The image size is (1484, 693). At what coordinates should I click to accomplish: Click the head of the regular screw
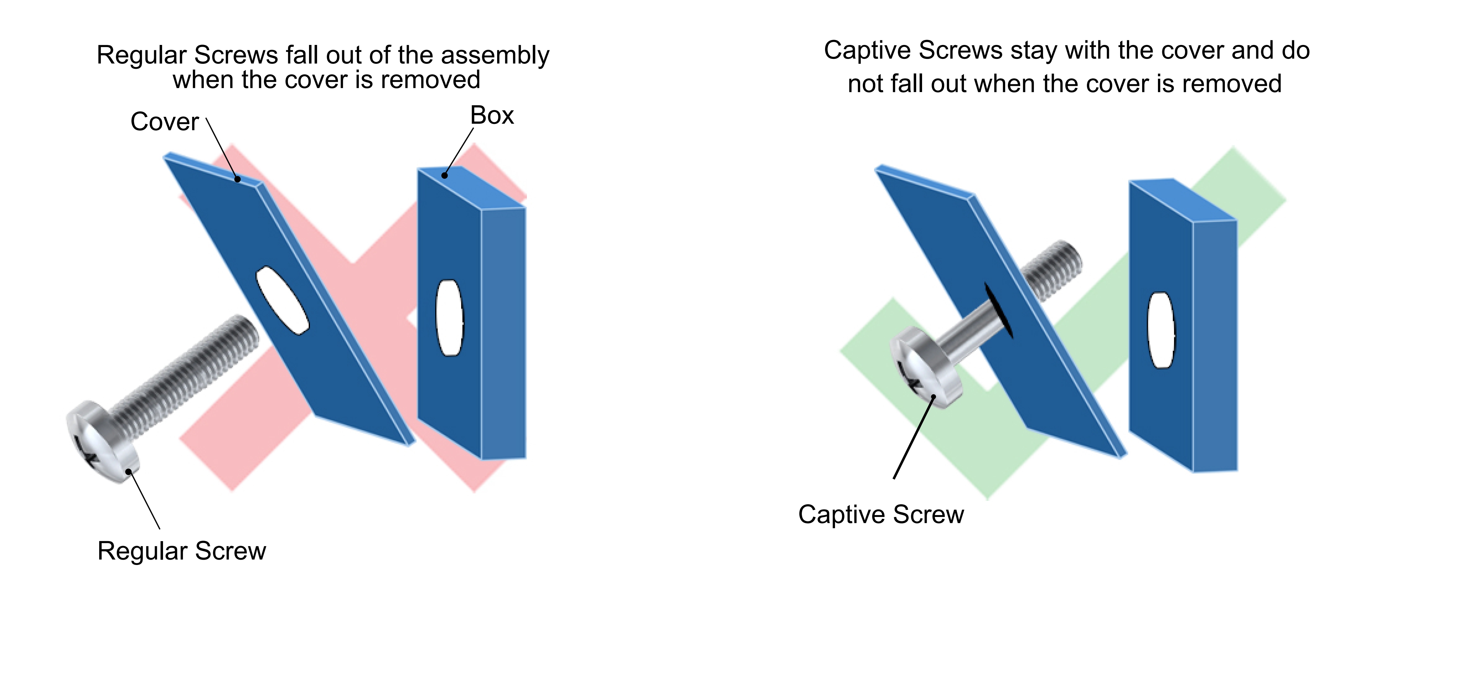[101, 441]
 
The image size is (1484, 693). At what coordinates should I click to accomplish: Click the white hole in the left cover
[282, 300]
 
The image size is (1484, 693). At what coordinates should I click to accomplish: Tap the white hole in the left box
[449, 318]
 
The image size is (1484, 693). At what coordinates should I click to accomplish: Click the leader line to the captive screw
[913, 438]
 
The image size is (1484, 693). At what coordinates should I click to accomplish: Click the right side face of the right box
[1214, 346]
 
